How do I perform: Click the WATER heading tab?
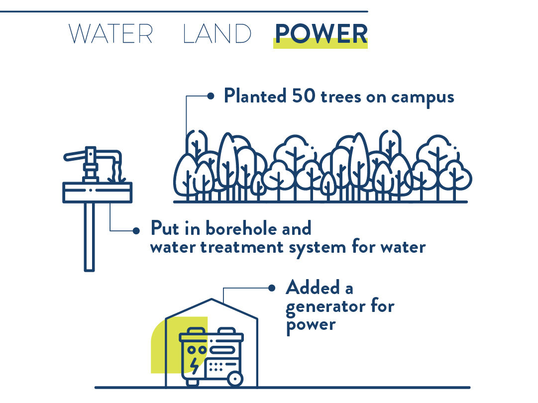pyautogui.click(x=111, y=34)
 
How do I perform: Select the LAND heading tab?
pyautogui.click(x=217, y=34)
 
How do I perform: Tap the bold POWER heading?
pyautogui.click(x=321, y=34)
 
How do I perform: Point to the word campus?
pyautogui.click(x=423, y=98)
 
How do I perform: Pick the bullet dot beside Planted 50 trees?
pyautogui.click(x=211, y=97)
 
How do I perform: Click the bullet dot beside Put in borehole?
pyautogui.click(x=136, y=231)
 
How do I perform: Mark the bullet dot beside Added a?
pyautogui.click(x=271, y=288)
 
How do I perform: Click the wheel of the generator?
pyautogui.click(x=235, y=379)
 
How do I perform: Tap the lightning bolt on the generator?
pyautogui.click(x=195, y=366)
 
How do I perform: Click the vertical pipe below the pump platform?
pyautogui.click(x=89, y=237)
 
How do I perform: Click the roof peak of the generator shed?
pyautogui.click(x=212, y=300)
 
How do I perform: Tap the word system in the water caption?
pyautogui.click(x=317, y=248)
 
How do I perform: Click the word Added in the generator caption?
pyautogui.click(x=313, y=288)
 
